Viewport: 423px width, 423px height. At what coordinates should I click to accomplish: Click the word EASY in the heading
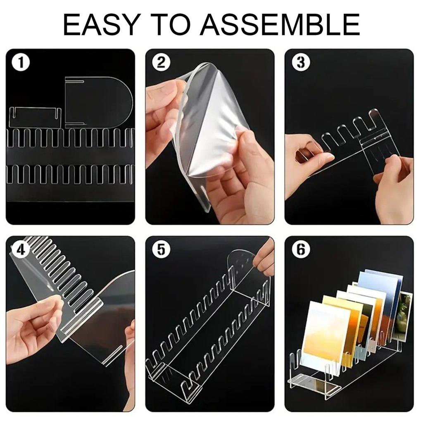101,24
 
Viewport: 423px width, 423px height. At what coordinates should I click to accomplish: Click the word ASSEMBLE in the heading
280,24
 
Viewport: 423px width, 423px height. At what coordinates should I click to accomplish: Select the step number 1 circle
21,63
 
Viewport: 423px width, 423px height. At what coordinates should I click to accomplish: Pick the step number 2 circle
161,63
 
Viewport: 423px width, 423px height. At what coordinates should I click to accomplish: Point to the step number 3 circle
301,62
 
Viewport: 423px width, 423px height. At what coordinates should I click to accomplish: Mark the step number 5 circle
161,250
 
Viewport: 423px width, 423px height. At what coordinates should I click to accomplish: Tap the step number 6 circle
301,250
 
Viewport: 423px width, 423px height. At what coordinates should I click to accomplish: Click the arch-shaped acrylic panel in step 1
98,102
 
